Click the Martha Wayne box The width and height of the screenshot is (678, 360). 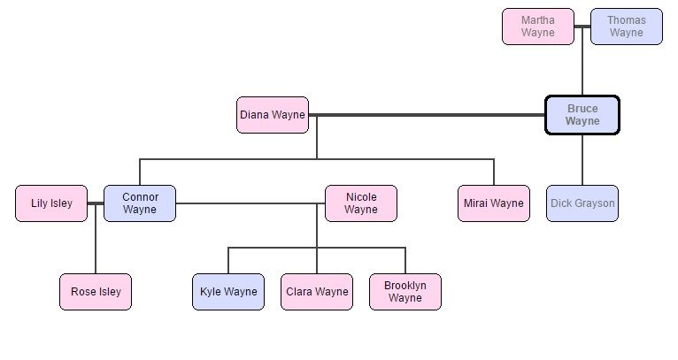point(537,27)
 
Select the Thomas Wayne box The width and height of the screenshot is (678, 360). point(626,27)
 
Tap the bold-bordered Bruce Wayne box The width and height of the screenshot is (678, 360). point(582,115)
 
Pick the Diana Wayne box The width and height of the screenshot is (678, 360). point(273,115)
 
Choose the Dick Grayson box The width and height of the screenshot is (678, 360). point(582,203)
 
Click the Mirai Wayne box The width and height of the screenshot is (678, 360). point(494,203)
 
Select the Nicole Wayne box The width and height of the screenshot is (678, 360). point(360,203)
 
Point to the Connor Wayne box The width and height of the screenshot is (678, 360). point(140,203)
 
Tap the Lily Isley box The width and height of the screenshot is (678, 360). point(51,203)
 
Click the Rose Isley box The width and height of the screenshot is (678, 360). point(96,292)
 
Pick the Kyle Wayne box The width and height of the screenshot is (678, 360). point(228,292)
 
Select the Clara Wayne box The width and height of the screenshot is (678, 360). point(317,292)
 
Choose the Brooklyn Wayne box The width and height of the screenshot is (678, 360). point(404,292)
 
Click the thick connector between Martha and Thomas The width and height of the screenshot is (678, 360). point(582,27)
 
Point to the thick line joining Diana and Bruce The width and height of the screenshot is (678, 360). point(425,115)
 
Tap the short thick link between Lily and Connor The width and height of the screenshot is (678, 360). point(96,203)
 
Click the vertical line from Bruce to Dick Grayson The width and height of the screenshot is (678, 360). point(582,159)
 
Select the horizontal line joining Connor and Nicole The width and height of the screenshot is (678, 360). point(248,203)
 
